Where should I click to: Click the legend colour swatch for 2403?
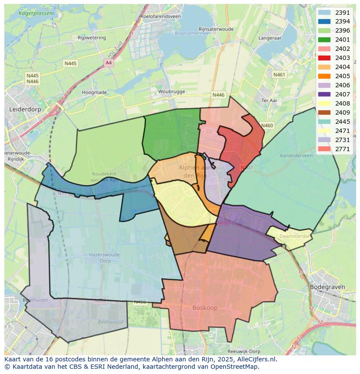click(x=324, y=58)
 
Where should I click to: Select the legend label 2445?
click(x=343, y=122)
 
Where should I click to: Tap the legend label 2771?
click(x=343, y=149)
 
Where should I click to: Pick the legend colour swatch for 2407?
click(x=324, y=94)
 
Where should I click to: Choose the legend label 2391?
click(x=343, y=13)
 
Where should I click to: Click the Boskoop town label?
click(x=205, y=308)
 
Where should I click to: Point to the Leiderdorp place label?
click(x=25, y=109)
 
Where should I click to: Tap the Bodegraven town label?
click(x=327, y=287)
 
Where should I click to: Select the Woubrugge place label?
click(x=171, y=92)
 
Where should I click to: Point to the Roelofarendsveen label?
click(x=160, y=16)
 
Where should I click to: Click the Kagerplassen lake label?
click(x=36, y=13)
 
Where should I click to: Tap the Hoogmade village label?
click(x=94, y=93)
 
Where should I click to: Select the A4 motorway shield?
click(x=108, y=63)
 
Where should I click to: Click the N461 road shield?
click(x=279, y=75)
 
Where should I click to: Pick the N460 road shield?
click(x=267, y=126)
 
